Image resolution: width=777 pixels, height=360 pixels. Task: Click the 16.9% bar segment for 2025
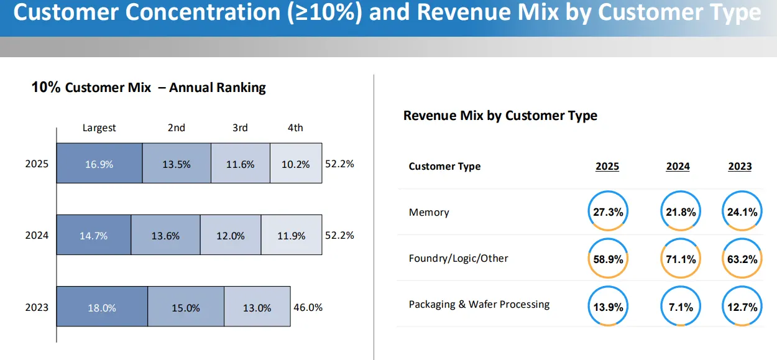click(x=99, y=165)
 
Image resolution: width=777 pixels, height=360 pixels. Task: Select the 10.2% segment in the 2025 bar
click(x=296, y=165)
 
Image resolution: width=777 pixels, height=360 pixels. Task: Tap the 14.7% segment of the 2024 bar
click(x=94, y=236)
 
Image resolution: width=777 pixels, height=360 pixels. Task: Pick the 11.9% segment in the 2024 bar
click(x=292, y=236)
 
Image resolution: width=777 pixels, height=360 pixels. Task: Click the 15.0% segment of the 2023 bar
click(x=186, y=308)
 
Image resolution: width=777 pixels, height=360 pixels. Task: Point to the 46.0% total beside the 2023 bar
click(x=308, y=307)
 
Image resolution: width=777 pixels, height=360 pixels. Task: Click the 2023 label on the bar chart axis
click(x=37, y=307)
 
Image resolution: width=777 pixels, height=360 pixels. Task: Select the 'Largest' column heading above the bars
click(x=99, y=127)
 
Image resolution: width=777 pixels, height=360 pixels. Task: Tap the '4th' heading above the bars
click(x=295, y=127)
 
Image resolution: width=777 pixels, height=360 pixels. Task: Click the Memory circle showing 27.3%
click(x=607, y=212)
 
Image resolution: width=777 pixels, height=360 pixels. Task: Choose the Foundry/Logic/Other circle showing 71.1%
click(x=681, y=259)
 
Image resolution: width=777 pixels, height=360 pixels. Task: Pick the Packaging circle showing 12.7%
click(x=742, y=307)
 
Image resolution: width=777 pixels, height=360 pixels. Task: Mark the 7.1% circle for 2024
click(x=681, y=307)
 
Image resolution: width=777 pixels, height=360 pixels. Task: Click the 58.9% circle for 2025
click(x=607, y=259)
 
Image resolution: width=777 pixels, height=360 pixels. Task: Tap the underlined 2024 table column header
click(x=678, y=167)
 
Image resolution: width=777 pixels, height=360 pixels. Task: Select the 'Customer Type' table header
click(x=444, y=167)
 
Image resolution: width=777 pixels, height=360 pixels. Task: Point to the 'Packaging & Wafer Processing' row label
click(x=479, y=305)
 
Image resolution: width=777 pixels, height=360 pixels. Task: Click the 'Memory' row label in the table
click(x=429, y=213)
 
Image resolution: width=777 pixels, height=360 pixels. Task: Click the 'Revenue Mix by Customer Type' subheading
click(x=500, y=116)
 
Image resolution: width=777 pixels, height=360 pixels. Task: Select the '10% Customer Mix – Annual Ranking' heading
click(x=149, y=88)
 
